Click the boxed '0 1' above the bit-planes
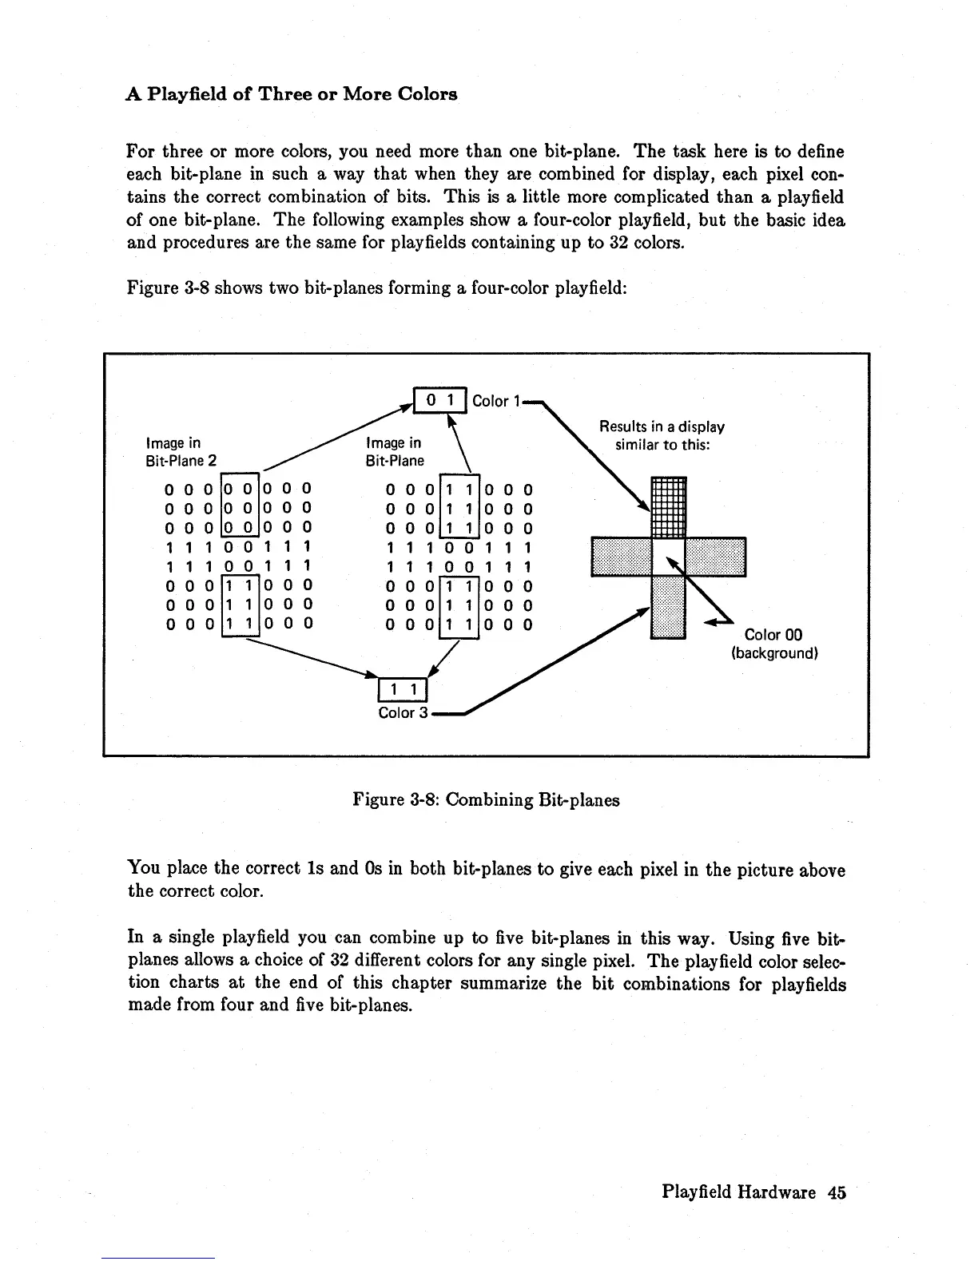pyautogui.click(x=439, y=399)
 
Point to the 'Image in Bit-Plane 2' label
pyautogui.click(x=181, y=451)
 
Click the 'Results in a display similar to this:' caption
pyautogui.click(x=662, y=435)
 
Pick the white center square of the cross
pyautogui.click(x=669, y=557)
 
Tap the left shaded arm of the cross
pyautogui.click(x=622, y=557)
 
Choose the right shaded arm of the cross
pyautogui.click(x=716, y=557)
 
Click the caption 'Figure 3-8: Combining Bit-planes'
pyautogui.click(x=486, y=799)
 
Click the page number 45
pyautogui.click(x=837, y=1192)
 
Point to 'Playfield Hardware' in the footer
pyautogui.click(x=738, y=1192)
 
